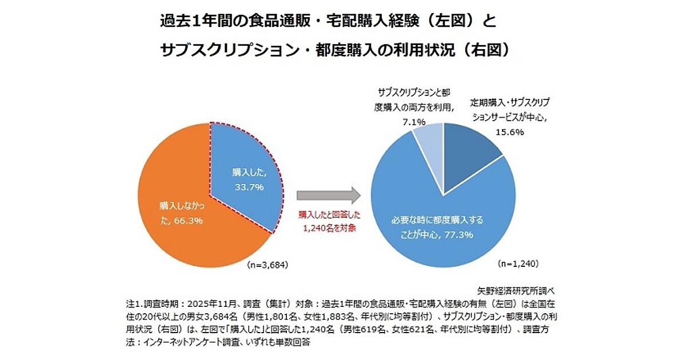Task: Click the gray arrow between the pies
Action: coord(328,194)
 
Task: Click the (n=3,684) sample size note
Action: coord(266,265)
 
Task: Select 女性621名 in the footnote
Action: coord(404,329)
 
